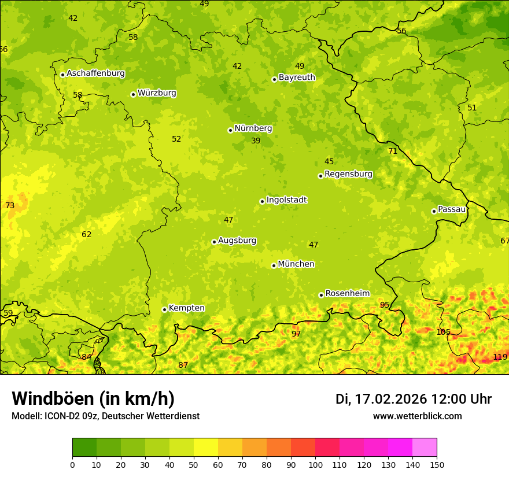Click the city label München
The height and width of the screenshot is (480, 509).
tap(296, 264)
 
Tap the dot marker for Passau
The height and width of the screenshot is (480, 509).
tap(434, 211)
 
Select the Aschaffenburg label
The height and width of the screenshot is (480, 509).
tap(95, 73)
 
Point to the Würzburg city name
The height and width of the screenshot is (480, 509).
tap(157, 93)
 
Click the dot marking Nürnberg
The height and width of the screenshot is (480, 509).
tap(230, 130)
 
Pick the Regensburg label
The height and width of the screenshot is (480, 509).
tap(348, 174)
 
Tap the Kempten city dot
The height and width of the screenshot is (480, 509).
tap(164, 309)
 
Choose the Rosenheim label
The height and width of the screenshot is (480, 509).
tap(347, 294)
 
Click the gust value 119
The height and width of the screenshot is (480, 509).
tap(500, 357)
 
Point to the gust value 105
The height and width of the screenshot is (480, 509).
tap(443, 333)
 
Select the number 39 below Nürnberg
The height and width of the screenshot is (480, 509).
tap(256, 141)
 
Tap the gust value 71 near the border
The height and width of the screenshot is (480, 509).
tap(393, 152)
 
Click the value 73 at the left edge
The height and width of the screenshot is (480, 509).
tap(10, 206)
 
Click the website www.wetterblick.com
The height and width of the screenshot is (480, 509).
tap(417, 416)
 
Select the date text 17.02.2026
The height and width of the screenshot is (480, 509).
tap(391, 399)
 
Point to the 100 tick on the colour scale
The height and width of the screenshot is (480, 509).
tap(315, 464)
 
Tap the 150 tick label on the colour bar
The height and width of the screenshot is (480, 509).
tap(437, 464)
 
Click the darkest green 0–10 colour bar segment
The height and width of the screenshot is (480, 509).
tap(84, 447)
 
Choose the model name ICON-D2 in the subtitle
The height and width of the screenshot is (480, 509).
tap(62, 416)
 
